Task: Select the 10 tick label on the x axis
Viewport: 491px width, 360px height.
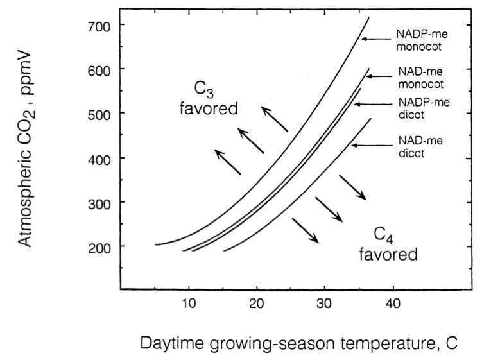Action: click(x=189, y=303)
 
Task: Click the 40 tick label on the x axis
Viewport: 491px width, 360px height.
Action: click(x=392, y=303)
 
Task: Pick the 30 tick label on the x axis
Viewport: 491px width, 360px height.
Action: click(x=324, y=303)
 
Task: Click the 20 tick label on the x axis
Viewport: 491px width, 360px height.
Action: click(x=256, y=303)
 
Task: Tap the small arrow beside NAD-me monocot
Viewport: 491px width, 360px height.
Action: click(x=375, y=76)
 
